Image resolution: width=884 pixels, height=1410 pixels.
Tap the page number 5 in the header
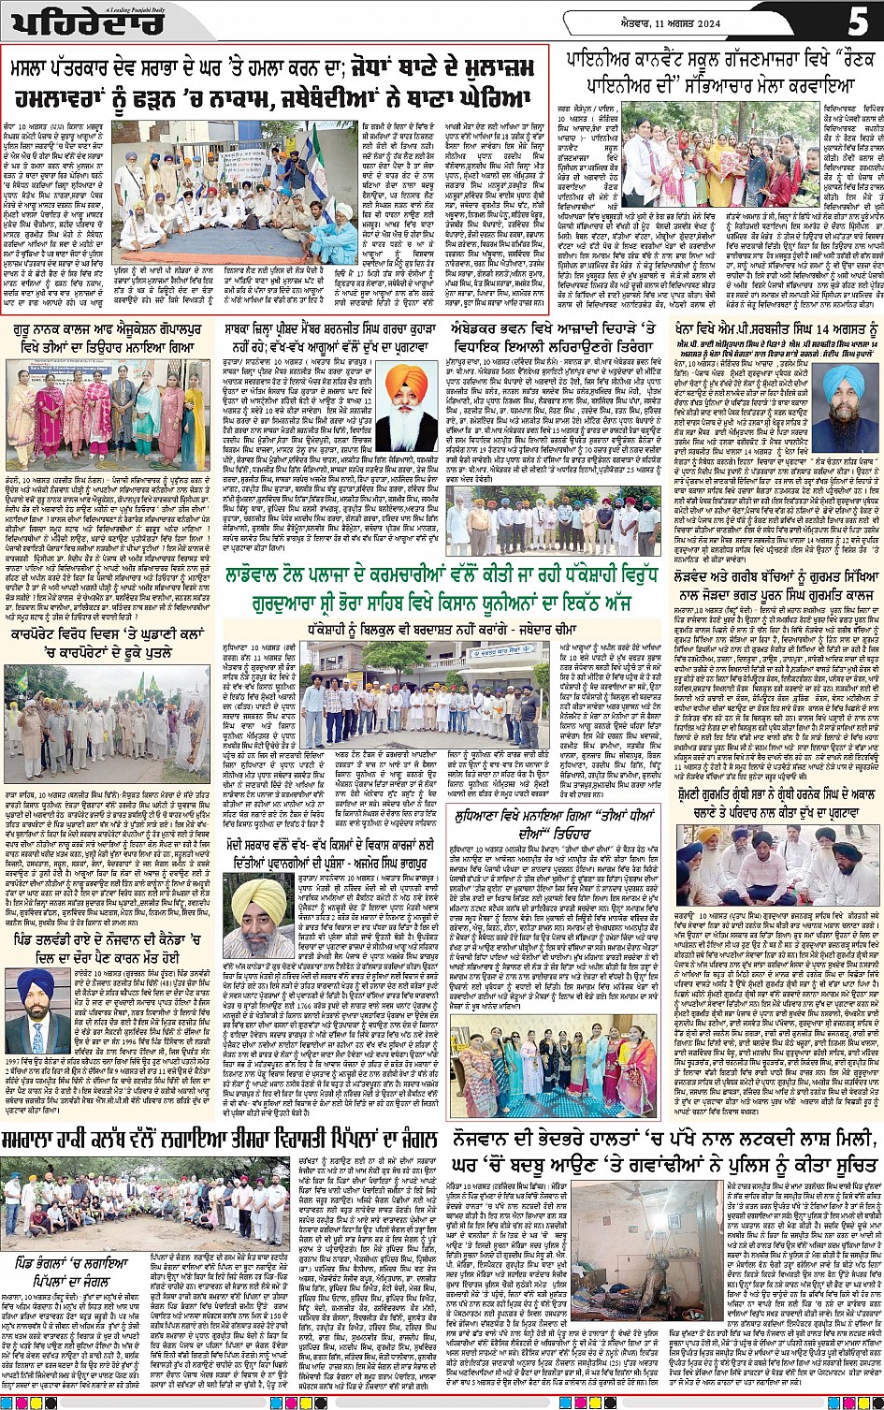[859, 20]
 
